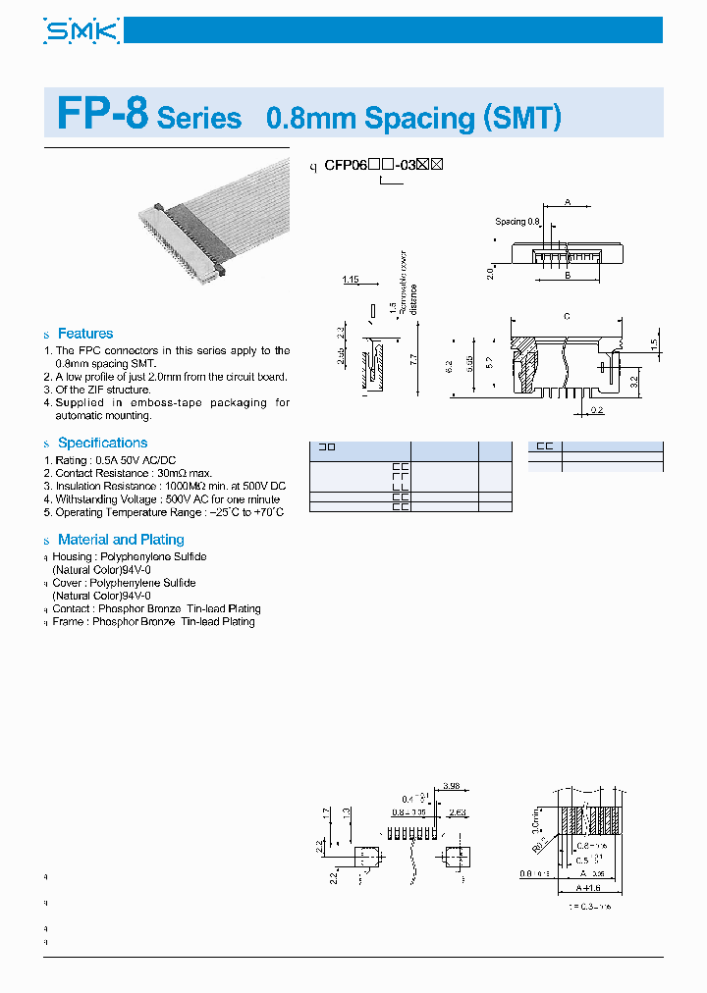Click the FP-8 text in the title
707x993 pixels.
click(x=102, y=116)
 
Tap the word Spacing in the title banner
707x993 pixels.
click(x=419, y=118)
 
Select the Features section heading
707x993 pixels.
click(x=85, y=334)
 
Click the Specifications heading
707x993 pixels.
click(x=102, y=443)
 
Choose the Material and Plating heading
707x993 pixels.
click(x=121, y=540)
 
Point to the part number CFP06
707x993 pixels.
click(x=346, y=166)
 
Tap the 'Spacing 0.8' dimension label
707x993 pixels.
click(x=517, y=222)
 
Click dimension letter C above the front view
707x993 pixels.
click(x=567, y=316)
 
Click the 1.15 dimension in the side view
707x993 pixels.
click(x=351, y=281)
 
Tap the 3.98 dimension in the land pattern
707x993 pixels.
click(x=452, y=787)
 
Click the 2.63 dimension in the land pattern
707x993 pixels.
click(x=457, y=812)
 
